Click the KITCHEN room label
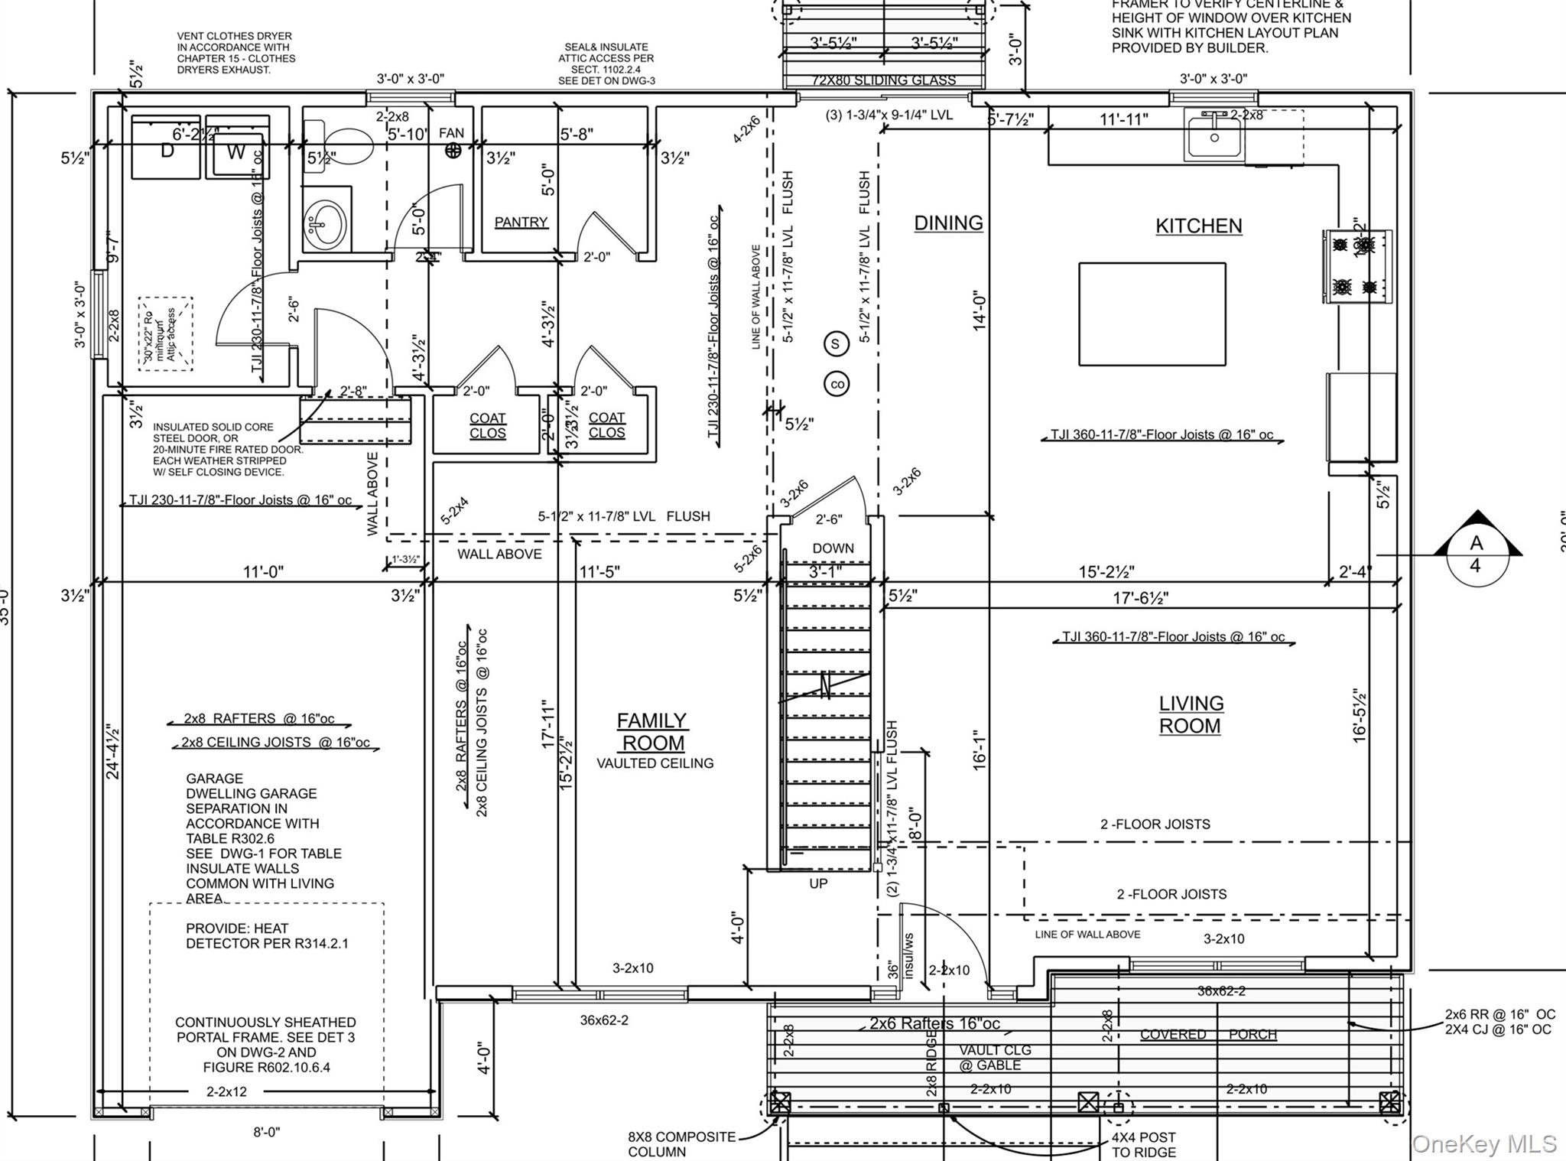(1198, 226)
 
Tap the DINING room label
(948, 223)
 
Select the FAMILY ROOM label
(651, 732)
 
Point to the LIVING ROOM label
(1191, 714)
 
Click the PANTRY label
(521, 222)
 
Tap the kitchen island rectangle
(1152, 314)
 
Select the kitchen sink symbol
(1214, 135)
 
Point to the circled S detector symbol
(835, 344)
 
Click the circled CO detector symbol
(837, 384)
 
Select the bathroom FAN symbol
(453, 151)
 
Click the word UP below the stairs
(818, 883)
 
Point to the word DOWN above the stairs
(833, 548)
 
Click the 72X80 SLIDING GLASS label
(883, 80)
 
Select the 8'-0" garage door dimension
(267, 1132)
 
